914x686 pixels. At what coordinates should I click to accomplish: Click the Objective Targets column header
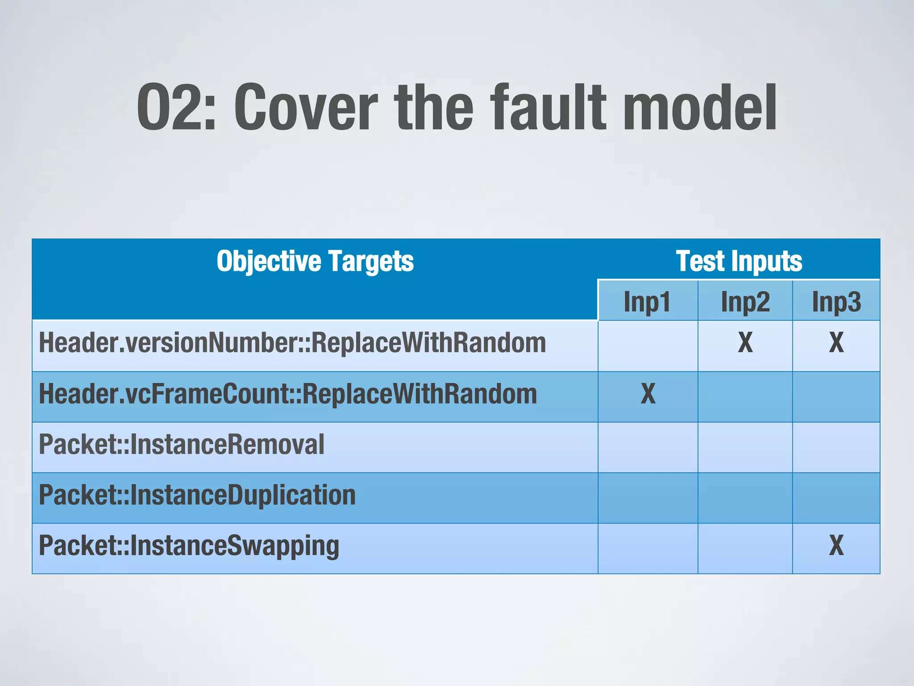[315, 261]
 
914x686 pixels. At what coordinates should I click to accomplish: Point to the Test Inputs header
[739, 261]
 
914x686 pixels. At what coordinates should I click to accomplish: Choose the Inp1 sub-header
[647, 301]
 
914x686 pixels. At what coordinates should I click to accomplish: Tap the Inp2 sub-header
[745, 301]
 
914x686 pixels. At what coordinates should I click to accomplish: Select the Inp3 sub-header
[836, 301]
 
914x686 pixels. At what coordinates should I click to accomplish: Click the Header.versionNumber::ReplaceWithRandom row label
[292, 343]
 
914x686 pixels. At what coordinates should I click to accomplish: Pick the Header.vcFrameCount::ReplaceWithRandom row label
[288, 394]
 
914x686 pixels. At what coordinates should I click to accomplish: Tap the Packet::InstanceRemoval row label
[182, 445]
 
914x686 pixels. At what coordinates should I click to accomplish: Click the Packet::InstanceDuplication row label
[197, 495]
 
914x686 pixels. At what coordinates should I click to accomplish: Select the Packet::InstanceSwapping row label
[189, 546]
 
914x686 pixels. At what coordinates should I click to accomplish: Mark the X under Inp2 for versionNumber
[745, 343]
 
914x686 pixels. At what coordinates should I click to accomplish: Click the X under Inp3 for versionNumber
[836, 343]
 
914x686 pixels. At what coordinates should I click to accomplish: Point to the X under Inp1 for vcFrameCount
[648, 394]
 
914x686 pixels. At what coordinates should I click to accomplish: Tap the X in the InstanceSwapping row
[836, 546]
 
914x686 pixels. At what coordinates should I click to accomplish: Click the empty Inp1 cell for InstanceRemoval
[648, 448]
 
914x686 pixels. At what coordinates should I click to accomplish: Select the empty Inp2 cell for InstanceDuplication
[745, 498]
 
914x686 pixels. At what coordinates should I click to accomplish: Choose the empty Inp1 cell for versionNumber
[648, 346]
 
